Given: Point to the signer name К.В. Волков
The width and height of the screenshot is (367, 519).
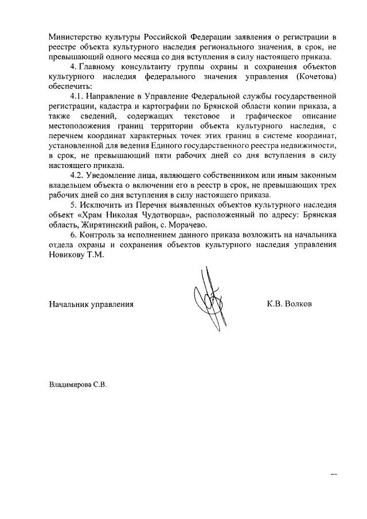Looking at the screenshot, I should (289, 303).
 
